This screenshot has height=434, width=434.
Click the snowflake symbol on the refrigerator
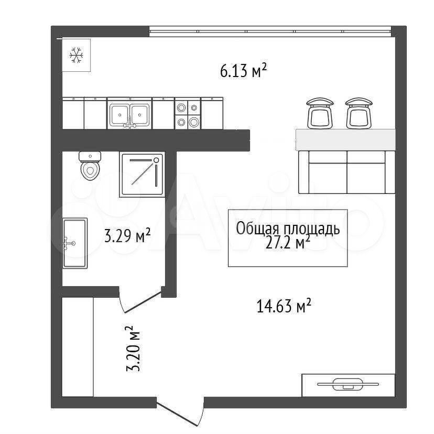(x=77, y=55)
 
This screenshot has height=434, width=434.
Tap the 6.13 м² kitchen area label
(x=244, y=70)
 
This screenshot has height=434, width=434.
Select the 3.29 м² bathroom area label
(x=127, y=235)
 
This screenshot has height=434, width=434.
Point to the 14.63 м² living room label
(x=284, y=305)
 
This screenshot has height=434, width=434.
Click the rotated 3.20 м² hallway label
(x=133, y=348)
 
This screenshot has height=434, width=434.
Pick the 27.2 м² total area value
(x=288, y=243)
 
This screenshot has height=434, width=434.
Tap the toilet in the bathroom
(x=90, y=166)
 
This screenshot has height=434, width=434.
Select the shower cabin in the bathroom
(x=142, y=175)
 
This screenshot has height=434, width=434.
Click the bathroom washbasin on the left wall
(x=75, y=243)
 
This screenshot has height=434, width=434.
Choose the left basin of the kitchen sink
(x=120, y=114)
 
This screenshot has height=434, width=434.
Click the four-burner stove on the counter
(x=187, y=113)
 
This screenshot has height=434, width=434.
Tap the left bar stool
(x=320, y=113)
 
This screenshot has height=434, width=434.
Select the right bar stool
(x=359, y=113)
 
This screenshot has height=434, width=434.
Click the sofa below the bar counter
(x=347, y=172)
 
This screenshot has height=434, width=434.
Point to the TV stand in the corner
(x=348, y=385)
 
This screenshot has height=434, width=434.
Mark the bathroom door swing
(x=140, y=300)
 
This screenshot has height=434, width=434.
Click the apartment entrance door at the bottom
(x=180, y=411)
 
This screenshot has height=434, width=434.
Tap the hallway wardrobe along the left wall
(x=78, y=347)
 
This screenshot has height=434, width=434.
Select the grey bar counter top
(x=345, y=140)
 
